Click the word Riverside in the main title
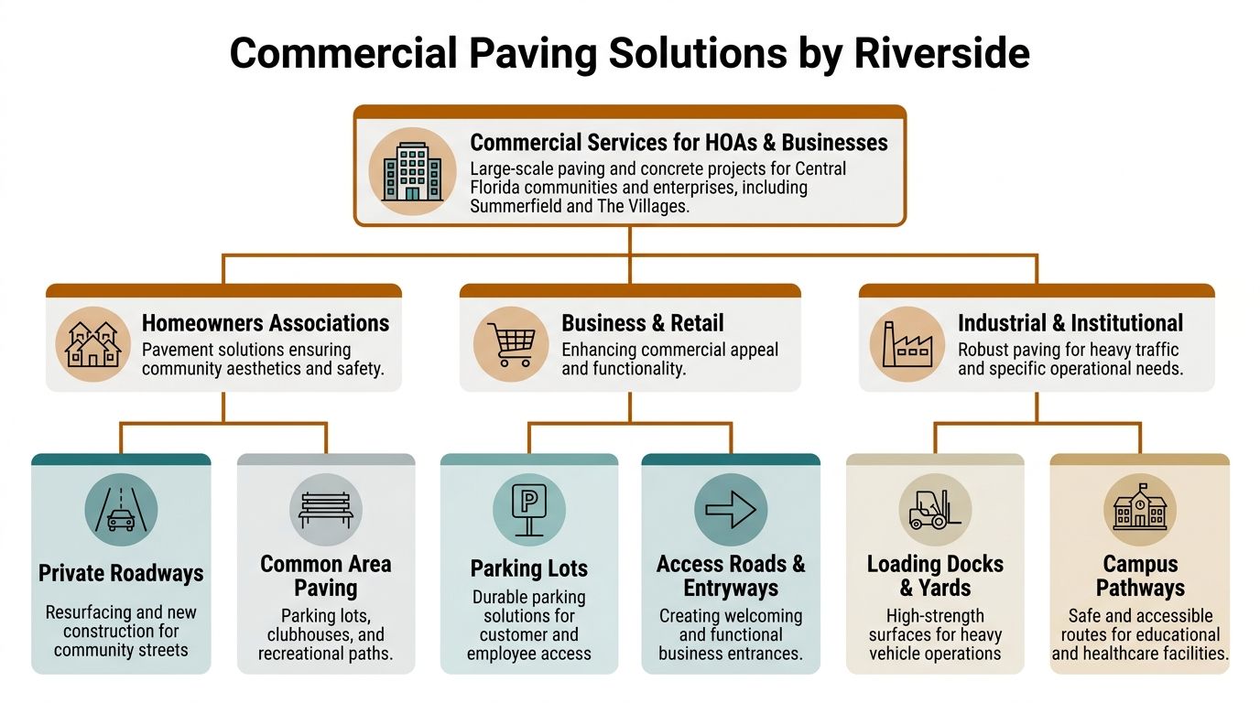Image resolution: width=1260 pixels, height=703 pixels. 941,53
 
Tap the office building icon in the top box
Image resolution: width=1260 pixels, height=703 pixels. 412,171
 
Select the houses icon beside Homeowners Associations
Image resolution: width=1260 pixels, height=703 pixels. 92,344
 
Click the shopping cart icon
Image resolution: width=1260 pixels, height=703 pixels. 511,344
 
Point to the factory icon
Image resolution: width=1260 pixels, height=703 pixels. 907,344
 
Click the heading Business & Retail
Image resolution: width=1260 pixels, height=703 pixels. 642,323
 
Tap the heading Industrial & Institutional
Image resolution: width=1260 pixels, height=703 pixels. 1070,323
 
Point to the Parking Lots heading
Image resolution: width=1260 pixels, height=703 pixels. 529,568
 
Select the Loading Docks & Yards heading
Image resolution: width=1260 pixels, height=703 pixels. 935,576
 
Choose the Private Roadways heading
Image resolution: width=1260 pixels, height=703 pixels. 121,574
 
